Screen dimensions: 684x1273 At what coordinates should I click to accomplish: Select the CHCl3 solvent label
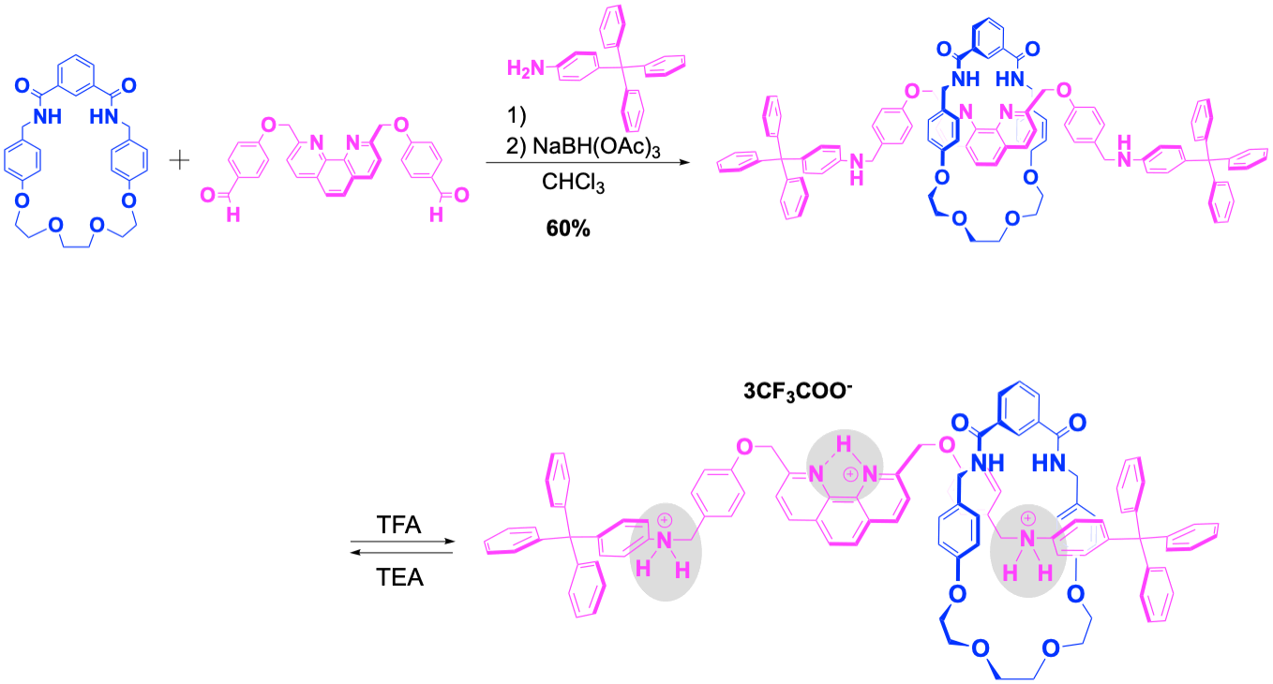568,186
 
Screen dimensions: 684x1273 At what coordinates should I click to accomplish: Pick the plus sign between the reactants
180,161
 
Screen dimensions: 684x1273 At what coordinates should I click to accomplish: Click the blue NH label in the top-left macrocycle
48,116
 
